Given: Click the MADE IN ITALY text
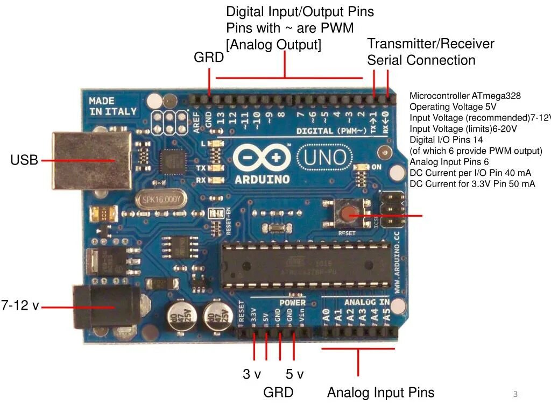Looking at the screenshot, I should coord(112,106).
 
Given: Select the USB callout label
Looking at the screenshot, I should coord(24,160).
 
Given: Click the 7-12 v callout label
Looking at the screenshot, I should coord(20,306).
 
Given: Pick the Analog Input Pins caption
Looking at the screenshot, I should coord(380,393).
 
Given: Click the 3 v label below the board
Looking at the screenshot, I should coord(252,374).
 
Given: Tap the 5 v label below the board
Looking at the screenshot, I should coord(294,374).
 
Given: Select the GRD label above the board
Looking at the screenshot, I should coord(209,58).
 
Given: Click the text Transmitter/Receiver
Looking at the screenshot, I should coord(430,44).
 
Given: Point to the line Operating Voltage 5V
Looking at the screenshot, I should coord(453,107).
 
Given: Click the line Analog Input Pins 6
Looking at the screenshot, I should coord(449,162).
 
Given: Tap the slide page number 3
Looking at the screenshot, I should coord(515,395).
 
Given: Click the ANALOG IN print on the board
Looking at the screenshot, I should coord(367,302).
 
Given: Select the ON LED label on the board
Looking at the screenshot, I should coord(377,167).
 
